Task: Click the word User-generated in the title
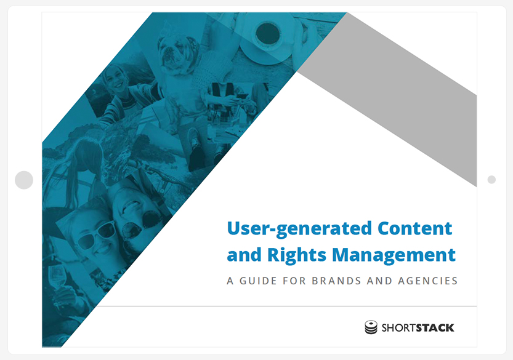[299, 229]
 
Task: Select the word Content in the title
[415, 228]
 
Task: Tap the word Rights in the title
[297, 255]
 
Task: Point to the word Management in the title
[394, 255]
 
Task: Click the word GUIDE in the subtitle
[258, 281]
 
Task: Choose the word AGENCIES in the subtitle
[427, 281]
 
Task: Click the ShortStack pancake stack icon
[371, 327]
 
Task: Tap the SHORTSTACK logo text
[418, 327]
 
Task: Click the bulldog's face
[174, 52]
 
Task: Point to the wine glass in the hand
[57, 276]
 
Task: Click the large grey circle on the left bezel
[24, 180]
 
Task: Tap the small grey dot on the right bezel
[491, 180]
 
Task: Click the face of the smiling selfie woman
[115, 79]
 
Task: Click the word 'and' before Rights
[244, 255]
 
